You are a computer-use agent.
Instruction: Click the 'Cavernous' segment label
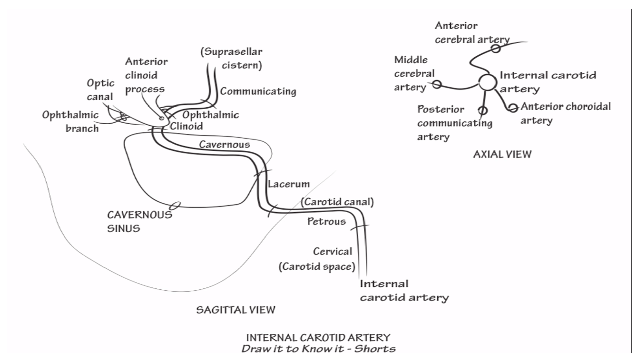tap(224, 145)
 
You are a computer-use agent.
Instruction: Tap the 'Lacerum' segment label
tap(289, 184)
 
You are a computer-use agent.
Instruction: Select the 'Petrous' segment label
tap(326, 221)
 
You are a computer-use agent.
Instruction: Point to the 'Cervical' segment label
tap(332, 251)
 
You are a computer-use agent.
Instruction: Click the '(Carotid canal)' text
tap(337, 202)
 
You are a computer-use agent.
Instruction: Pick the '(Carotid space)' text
tap(317, 267)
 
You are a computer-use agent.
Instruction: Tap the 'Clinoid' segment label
tap(186, 126)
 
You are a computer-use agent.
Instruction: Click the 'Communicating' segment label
tap(258, 91)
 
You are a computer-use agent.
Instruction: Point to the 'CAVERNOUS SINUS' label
tap(139, 221)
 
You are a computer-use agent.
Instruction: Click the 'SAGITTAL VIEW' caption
tap(236, 310)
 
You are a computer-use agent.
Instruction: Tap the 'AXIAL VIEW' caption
tap(502, 155)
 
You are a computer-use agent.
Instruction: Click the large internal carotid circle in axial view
tap(488, 82)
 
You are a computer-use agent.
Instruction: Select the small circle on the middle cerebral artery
tap(437, 84)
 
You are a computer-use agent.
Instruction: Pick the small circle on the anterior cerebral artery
tap(496, 49)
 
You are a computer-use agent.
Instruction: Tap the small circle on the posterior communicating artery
tap(483, 110)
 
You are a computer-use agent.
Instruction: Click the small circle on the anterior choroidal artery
tap(513, 108)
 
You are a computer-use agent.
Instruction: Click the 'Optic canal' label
tap(100, 90)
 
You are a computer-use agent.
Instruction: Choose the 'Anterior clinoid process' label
tap(146, 75)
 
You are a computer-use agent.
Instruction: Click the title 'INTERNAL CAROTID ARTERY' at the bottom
tap(318, 338)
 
